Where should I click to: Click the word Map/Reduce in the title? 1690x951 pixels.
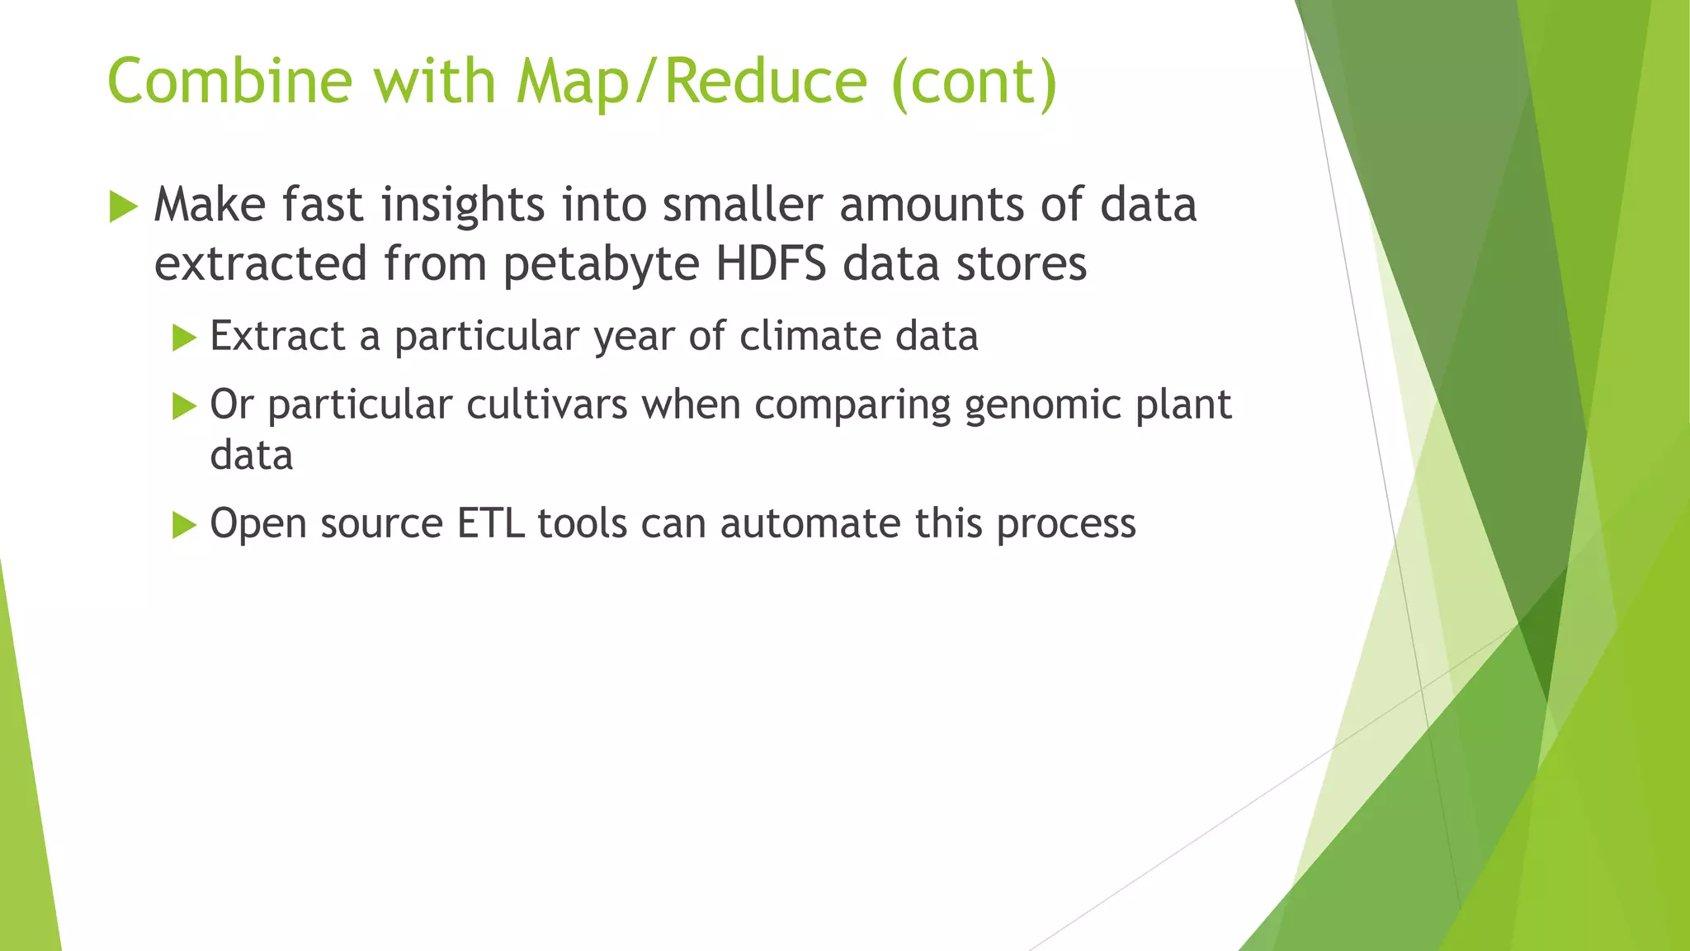692,82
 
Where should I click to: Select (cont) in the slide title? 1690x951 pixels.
974,82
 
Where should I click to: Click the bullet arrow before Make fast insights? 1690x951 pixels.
123,206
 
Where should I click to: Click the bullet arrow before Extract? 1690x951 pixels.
184,338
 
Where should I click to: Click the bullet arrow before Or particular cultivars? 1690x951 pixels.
184,406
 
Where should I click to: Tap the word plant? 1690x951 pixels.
1183,406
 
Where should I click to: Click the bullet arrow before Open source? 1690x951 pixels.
184,525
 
